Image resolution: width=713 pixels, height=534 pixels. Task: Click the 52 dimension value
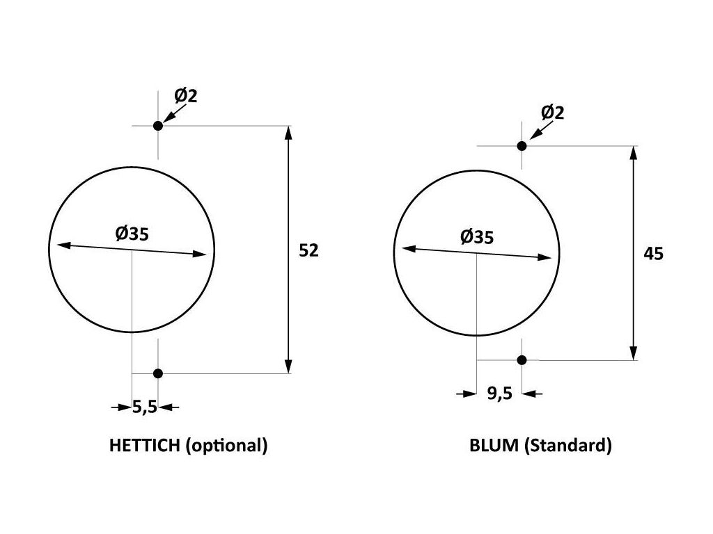[x=308, y=250]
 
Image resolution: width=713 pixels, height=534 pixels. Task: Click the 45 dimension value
[x=653, y=253]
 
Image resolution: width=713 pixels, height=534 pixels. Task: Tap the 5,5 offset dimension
[x=145, y=407]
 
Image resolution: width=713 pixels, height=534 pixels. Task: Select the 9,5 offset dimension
[x=500, y=394]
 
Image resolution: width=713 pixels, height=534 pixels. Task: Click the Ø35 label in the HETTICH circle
[x=132, y=234]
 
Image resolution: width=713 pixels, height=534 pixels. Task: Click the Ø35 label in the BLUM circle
[x=476, y=236]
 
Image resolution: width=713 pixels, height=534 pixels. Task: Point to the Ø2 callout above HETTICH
[x=185, y=96]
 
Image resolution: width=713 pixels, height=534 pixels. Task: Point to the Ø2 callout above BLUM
[x=552, y=112]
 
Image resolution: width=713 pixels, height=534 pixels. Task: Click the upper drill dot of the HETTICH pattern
[x=158, y=126]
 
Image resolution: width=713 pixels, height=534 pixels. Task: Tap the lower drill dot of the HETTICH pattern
[x=158, y=373]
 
